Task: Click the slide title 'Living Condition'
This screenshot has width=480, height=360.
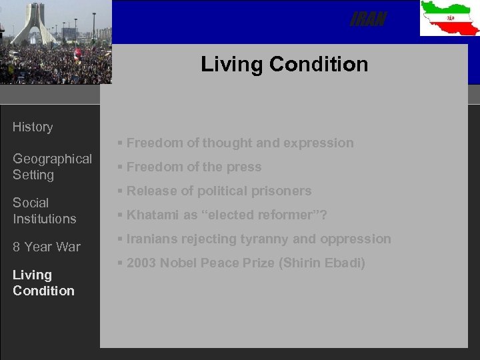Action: click(284, 64)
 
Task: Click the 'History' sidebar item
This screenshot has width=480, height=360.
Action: click(33, 127)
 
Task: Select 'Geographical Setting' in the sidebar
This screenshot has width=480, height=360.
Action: click(52, 167)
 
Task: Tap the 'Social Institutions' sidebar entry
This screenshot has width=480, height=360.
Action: click(44, 210)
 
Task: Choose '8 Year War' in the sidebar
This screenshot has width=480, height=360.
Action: click(46, 247)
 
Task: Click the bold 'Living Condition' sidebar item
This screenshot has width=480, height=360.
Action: click(43, 283)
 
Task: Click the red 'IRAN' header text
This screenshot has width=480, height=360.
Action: click(367, 21)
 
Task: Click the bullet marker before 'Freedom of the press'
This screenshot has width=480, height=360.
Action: click(119, 167)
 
